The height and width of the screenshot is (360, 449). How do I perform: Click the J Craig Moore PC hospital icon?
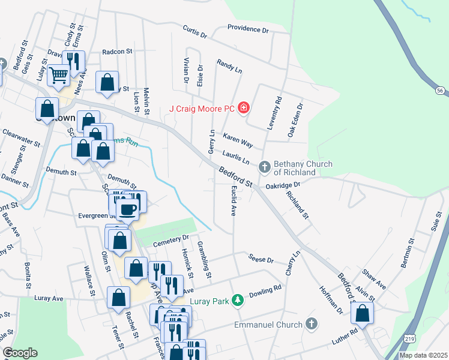pos(244,108)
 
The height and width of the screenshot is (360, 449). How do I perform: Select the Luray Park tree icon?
pos(238,299)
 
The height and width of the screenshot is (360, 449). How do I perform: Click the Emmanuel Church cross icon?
pos(311,324)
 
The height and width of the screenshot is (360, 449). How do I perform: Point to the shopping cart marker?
pos(58,75)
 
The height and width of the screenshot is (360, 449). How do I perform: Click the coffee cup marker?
pos(127,209)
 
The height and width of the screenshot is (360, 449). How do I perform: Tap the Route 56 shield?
pos(441,90)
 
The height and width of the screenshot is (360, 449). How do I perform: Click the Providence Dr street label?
pos(248,29)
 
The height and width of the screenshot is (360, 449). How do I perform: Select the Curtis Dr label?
pos(194,31)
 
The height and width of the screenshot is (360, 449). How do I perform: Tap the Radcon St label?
pos(117,52)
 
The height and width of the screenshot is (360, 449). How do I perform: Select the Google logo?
pos(20,353)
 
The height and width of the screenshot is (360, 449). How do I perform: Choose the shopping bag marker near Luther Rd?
pos(362,313)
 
